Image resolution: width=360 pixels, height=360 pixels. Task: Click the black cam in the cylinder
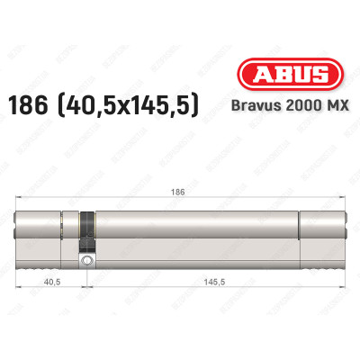(86, 231)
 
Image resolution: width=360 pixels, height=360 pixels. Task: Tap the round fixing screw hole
(86, 261)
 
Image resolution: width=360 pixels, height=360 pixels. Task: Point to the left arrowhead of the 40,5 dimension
(21, 287)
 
